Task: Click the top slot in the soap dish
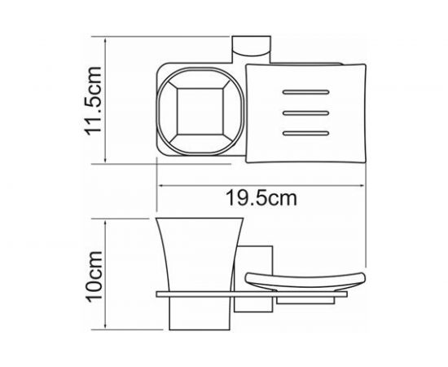(305, 91)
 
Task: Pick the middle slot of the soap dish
(305, 111)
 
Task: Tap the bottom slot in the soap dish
(305, 130)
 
